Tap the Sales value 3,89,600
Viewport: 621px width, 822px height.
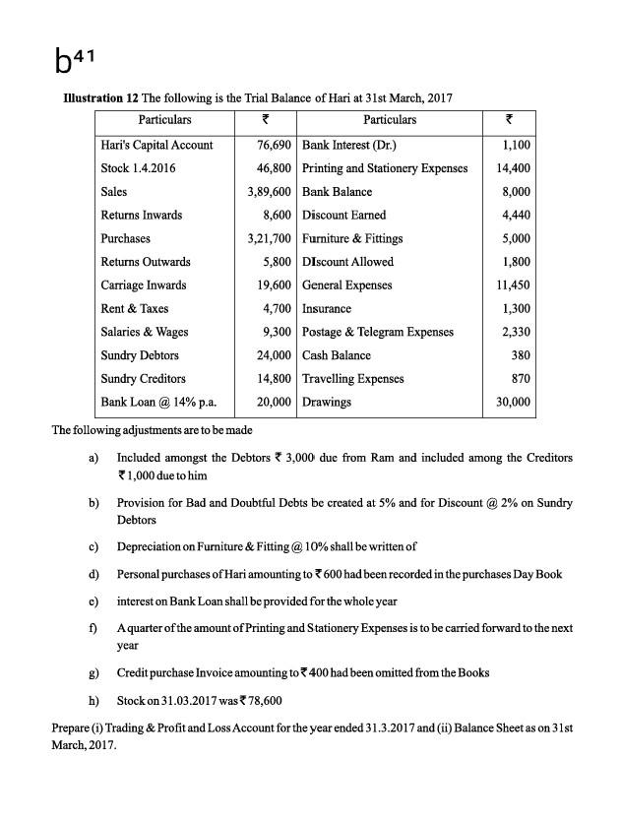tap(269, 191)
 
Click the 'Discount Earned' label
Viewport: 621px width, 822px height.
tap(343, 215)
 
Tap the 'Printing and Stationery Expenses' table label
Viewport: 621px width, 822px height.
tap(385, 167)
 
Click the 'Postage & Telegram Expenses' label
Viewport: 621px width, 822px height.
tap(378, 332)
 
